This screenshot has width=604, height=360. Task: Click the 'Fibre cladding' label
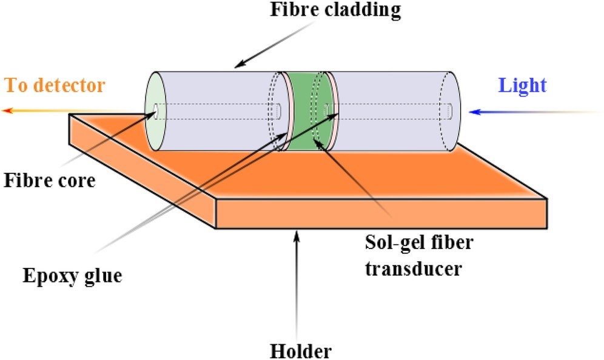[335, 10]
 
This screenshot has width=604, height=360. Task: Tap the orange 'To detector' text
[55, 85]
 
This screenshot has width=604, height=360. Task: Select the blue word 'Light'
[522, 85]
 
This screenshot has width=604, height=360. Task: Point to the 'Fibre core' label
[50, 180]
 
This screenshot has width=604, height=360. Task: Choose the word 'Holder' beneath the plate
[300, 351]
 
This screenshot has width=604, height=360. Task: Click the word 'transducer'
[414, 268]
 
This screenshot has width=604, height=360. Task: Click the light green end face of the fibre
[155, 111]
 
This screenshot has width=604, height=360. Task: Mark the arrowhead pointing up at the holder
[296, 235]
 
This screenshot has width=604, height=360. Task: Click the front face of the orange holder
[381, 214]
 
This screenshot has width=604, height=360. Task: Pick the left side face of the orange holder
[142, 170]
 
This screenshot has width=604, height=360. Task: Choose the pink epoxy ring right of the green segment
[332, 111]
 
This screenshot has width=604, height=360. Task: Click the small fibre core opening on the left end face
[156, 112]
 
